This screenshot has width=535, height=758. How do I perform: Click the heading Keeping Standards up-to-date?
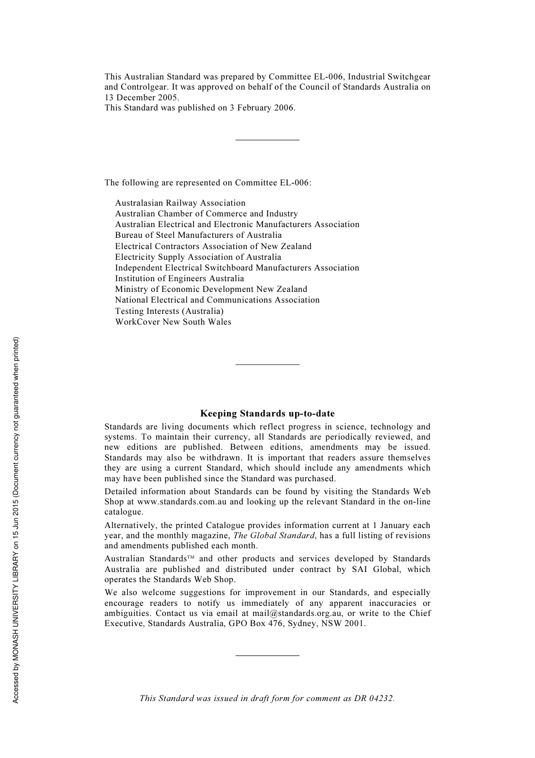pos(267,414)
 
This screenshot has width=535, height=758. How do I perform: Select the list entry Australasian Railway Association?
pos(180,203)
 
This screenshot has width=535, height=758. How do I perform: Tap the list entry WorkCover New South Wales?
pos(173,322)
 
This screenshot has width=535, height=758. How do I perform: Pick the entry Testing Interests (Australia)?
pos(169,311)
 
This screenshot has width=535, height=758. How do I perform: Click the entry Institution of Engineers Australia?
pos(180,278)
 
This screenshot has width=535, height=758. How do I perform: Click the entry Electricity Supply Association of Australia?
pos(198,257)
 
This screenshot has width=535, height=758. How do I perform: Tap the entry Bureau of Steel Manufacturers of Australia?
pos(198,235)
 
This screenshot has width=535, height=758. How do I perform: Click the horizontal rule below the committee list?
pos(267,364)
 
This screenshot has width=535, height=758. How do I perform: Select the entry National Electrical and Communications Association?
pos(217,300)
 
